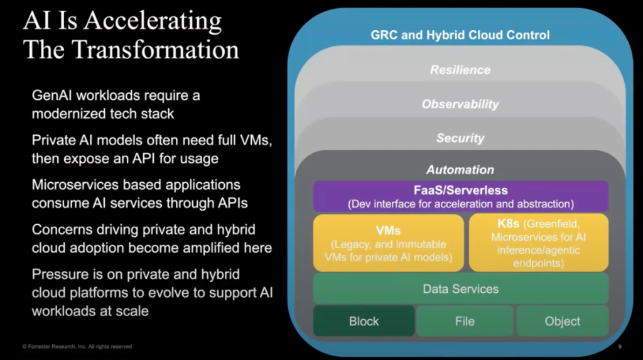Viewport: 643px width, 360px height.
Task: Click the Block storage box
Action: coord(364,321)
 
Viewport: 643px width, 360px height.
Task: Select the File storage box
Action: coord(465,321)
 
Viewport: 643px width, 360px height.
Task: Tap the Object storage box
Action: coord(563,321)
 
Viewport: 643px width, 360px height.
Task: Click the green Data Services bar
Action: coord(461,289)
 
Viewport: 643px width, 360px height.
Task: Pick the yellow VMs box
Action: coord(388,243)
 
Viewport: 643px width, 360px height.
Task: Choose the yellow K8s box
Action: coord(539,243)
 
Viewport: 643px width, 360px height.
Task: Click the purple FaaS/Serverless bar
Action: coord(461,196)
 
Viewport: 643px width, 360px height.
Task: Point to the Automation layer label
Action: coord(460,170)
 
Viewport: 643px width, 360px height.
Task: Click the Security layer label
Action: coord(460,138)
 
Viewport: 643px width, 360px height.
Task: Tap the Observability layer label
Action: coord(460,104)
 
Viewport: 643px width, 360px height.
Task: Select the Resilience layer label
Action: coord(460,70)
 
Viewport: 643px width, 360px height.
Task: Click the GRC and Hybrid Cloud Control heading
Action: coord(460,35)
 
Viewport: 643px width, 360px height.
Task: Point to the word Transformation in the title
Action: coord(158,49)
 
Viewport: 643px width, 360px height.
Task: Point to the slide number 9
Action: coord(619,346)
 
